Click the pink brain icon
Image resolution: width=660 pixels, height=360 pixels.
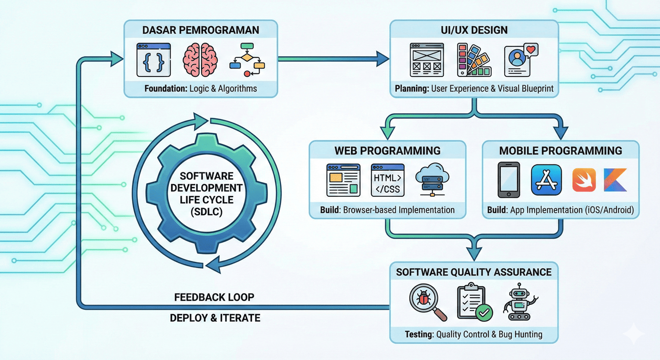click(200, 60)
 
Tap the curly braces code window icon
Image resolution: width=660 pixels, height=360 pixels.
click(154, 60)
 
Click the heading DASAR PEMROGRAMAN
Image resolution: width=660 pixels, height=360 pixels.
click(201, 30)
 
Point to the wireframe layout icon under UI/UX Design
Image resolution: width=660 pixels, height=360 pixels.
click(427, 60)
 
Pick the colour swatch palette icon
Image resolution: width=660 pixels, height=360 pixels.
click(474, 60)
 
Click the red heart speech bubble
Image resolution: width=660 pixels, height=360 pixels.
click(531, 50)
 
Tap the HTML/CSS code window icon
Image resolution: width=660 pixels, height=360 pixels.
click(387, 180)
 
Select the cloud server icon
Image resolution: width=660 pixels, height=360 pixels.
click(432, 180)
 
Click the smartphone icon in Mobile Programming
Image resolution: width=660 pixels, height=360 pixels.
click(509, 180)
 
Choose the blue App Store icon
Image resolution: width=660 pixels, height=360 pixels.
click(546, 180)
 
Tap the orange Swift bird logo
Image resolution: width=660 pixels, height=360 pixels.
click(584, 180)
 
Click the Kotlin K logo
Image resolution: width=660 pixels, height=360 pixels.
click(615, 180)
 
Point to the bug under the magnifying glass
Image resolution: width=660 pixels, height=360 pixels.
click(424, 299)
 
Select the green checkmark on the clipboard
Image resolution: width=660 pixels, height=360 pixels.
click(484, 313)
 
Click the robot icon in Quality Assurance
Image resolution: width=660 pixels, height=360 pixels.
click(520, 302)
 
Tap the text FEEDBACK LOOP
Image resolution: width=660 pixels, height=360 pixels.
click(214, 297)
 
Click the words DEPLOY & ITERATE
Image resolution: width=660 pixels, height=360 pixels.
click(215, 318)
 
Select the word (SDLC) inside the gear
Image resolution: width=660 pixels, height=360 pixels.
click(206, 212)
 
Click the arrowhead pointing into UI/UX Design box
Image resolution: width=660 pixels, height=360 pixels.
click(382, 59)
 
